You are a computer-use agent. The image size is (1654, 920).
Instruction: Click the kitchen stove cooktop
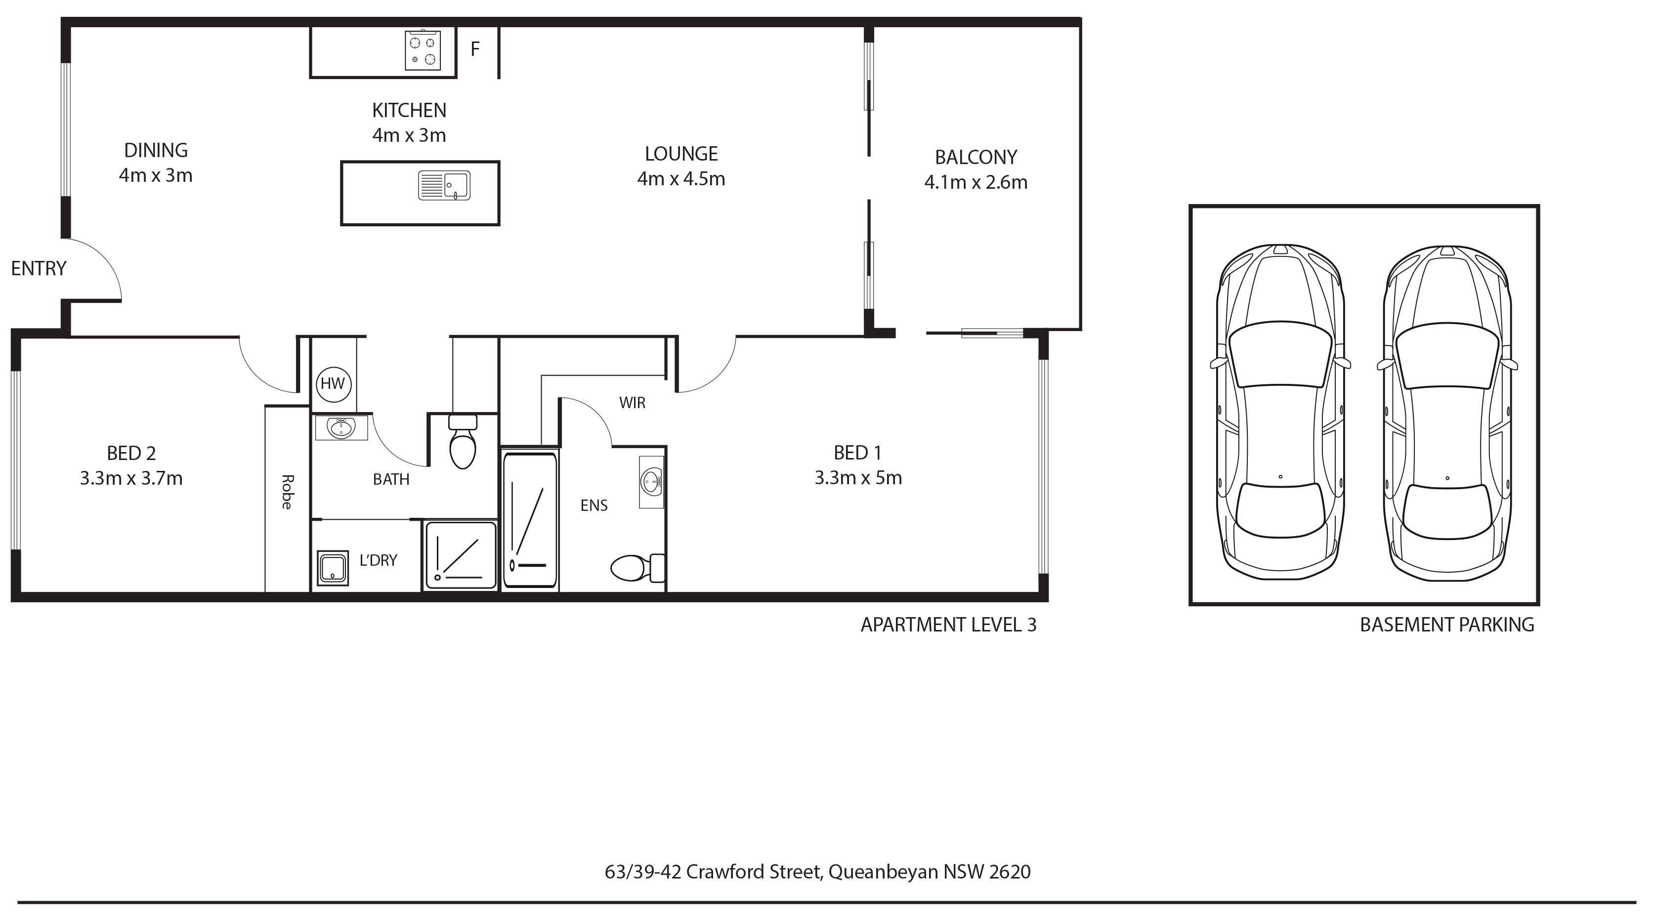(423, 50)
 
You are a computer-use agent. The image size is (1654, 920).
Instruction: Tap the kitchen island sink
(444, 186)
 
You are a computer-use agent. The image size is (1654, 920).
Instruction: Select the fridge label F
(475, 49)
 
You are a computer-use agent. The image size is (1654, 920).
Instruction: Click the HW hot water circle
(333, 384)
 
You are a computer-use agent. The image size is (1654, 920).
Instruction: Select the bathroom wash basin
(341, 427)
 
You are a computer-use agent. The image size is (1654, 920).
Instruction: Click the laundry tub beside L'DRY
(333, 568)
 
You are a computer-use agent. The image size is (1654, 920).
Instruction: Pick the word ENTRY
(39, 268)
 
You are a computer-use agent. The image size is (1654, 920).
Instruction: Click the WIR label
(633, 403)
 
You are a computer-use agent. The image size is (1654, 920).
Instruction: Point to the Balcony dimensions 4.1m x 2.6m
(976, 183)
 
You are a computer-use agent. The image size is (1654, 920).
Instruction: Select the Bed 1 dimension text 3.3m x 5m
(858, 478)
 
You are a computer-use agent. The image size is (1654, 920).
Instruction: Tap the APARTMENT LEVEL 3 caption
(948, 625)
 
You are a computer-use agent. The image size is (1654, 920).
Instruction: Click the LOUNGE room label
(681, 154)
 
